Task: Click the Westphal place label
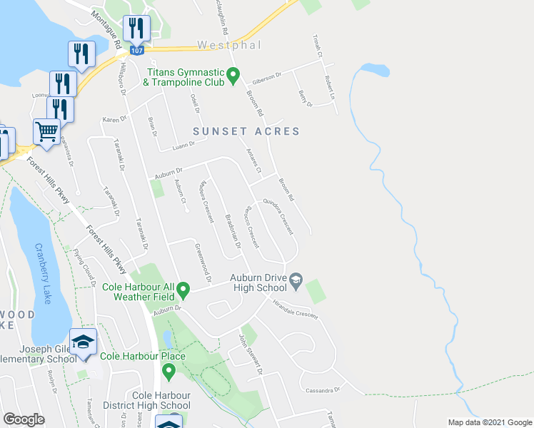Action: click(226, 45)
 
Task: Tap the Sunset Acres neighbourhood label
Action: click(246, 131)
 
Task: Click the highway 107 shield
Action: click(138, 51)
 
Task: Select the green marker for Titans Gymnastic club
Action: click(233, 74)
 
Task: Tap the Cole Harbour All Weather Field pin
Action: click(183, 290)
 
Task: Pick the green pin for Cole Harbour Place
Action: click(169, 371)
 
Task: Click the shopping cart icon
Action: click(46, 132)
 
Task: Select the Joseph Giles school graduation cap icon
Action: click(83, 342)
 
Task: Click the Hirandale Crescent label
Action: click(295, 310)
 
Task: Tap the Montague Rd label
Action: click(104, 29)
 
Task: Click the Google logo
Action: click(24, 419)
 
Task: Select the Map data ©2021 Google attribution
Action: click(489, 422)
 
